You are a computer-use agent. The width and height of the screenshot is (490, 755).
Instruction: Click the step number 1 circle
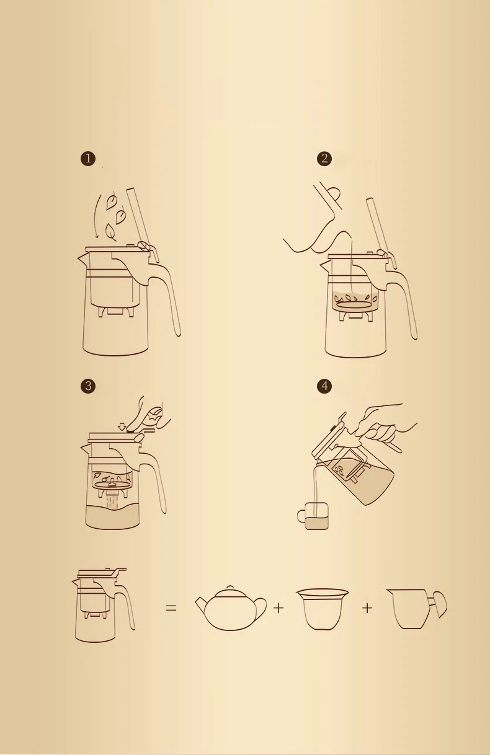pyautogui.click(x=88, y=159)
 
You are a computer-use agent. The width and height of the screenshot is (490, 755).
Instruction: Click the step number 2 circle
pyautogui.click(x=324, y=159)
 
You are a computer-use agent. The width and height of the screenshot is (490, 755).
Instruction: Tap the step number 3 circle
pyautogui.click(x=88, y=386)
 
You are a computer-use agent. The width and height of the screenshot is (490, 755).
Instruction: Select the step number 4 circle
pyautogui.click(x=324, y=386)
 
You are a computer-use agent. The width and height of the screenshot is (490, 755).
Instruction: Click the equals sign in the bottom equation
pyautogui.click(x=171, y=609)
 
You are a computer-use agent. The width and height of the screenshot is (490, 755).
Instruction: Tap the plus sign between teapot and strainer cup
pyautogui.click(x=278, y=609)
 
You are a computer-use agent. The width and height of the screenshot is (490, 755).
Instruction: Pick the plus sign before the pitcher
pyautogui.click(x=367, y=609)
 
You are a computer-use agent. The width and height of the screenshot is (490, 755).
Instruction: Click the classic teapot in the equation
pyautogui.click(x=230, y=610)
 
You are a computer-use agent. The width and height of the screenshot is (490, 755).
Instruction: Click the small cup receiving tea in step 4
pyautogui.click(x=314, y=516)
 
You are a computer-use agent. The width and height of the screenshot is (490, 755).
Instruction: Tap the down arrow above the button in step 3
pyautogui.click(x=122, y=426)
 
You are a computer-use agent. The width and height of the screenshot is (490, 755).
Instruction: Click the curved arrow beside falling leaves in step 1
pyautogui.click(x=96, y=217)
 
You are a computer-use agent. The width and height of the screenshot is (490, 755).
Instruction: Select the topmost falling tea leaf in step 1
pyautogui.click(x=112, y=201)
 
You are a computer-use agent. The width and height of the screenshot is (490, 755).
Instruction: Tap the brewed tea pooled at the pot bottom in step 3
pyautogui.click(x=112, y=517)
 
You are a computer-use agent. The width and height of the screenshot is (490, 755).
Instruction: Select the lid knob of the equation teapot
pyautogui.click(x=230, y=587)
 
